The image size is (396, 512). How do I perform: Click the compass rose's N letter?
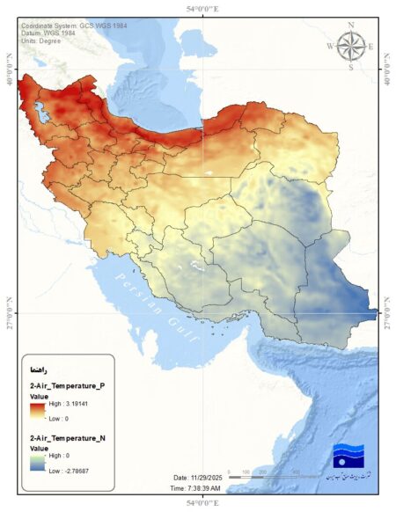pos(351,25)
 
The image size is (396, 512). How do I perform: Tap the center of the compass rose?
pos(351,45)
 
